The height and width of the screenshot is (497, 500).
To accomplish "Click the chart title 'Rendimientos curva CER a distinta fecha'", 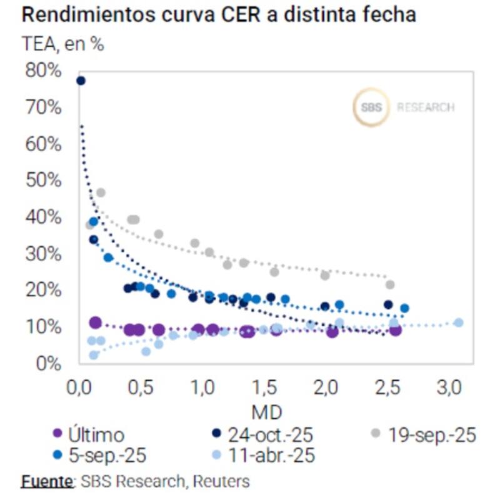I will tap(219, 15).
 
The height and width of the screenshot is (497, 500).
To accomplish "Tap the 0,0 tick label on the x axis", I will tap(79, 388).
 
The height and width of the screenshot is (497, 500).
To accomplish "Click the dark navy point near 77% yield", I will tap(80, 81).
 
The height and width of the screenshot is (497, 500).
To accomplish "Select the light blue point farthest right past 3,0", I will tap(459, 323).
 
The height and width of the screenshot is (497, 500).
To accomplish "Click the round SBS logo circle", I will tap(371, 108).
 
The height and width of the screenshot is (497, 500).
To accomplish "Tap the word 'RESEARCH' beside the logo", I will tap(426, 108).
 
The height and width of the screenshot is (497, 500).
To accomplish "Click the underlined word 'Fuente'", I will tap(47, 481).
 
